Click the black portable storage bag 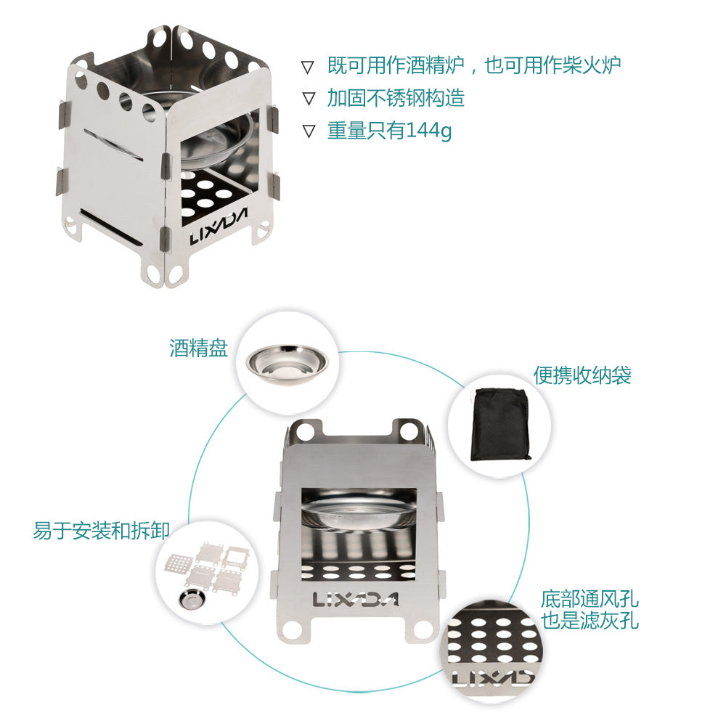(499, 424)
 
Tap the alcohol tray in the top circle (287, 363)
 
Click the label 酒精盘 (199, 348)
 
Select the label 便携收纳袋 (582, 375)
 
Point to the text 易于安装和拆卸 (102, 531)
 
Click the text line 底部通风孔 (590, 599)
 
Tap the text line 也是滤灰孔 (590, 621)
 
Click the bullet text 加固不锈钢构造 (396, 98)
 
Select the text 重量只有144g (389, 131)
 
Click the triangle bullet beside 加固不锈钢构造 (309, 99)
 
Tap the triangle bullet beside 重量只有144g (309, 131)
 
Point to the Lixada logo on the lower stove (356, 600)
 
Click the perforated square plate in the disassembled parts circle (179, 563)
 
